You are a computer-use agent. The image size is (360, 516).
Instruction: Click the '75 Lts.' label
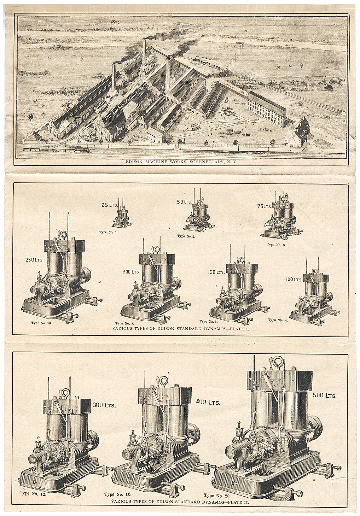[x=264, y=207]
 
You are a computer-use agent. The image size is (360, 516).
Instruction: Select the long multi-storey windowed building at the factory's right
[x=267, y=108]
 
